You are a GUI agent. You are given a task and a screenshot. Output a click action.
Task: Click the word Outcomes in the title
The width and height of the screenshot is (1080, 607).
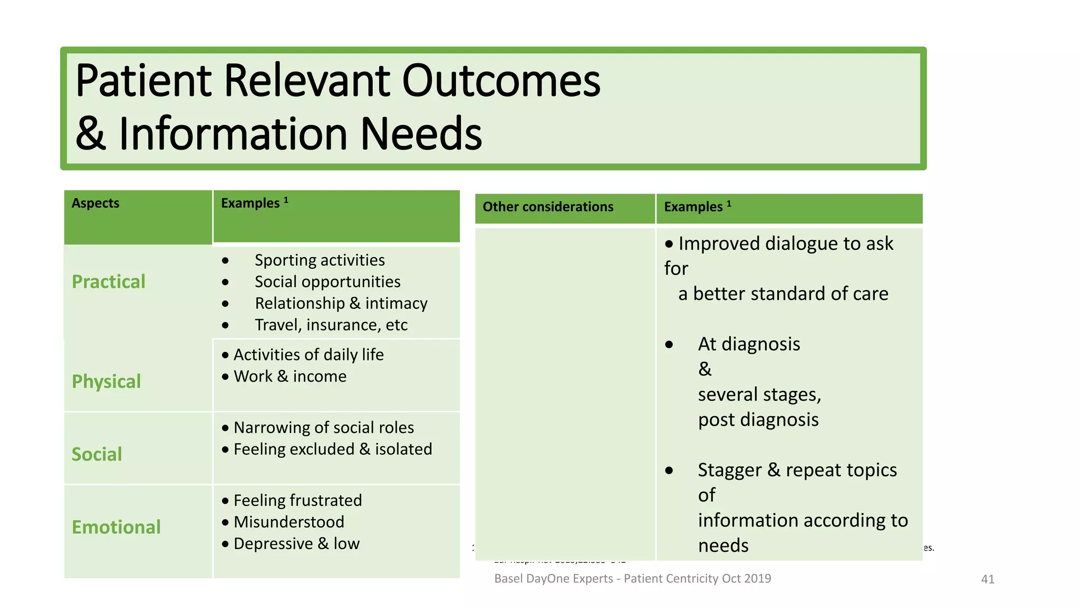(x=501, y=82)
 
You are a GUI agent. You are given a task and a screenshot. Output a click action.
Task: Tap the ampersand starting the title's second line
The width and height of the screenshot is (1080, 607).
(x=91, y=134)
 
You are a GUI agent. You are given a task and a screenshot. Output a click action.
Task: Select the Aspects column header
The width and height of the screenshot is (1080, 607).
(x=95, y=203)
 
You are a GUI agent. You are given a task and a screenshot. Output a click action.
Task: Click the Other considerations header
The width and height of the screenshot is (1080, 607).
(x=548, y=207)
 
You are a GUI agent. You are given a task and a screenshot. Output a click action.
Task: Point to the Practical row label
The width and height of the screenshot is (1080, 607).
(x=108, y=282)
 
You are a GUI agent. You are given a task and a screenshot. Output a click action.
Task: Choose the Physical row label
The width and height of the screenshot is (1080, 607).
(x=106, y=381)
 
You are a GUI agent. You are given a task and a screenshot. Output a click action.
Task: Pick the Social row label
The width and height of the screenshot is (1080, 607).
(x=97, y=454)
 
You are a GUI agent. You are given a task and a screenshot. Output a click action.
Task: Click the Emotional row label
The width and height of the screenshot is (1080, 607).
(x=116, y=527)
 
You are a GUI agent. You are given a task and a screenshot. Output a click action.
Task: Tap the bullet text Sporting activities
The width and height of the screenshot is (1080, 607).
(x=320, y=260)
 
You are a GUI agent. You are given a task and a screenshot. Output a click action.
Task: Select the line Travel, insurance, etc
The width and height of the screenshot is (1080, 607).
(x=331, y=325)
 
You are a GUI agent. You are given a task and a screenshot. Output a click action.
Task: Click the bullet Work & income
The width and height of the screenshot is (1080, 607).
(x=290, y=376)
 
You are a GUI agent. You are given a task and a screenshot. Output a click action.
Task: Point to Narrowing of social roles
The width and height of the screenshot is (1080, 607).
(x=323, y=427)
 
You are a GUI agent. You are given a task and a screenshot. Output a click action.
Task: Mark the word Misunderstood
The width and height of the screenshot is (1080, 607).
(x=288, y=522)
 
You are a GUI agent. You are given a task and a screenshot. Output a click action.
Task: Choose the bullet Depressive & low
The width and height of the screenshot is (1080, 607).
(x=296, y=544)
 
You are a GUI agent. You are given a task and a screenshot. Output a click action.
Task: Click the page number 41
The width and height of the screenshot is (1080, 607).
(x=987, y=580)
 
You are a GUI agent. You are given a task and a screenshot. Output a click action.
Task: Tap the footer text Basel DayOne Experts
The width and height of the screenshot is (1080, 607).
(x=554, y=579)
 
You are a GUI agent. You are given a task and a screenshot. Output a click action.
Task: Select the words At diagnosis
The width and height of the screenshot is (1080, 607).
(x=749, y=344)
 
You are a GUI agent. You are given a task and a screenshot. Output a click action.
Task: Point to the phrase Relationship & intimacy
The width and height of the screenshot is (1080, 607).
(x=341, y=303)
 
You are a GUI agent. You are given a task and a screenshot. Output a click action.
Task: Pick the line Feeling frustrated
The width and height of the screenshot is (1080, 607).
(x=297, y=501)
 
